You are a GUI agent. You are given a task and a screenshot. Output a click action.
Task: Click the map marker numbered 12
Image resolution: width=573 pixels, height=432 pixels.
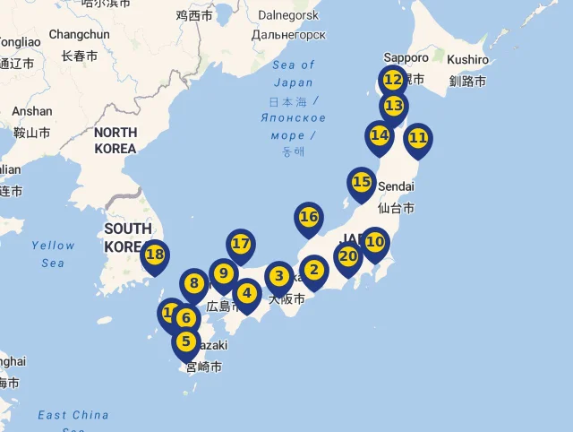pyautogui.click(x=392, y=80)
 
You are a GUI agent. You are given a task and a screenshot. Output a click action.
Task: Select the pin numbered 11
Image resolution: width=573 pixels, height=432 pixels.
pyautogui.click(x=417, y=138)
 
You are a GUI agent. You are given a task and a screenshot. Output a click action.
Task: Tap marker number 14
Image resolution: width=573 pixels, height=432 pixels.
pyautogui.click(x=380, y=135)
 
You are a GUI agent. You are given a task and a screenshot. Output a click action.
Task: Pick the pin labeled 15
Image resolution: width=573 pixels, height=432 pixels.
pyautogui.click(x=361, y=182)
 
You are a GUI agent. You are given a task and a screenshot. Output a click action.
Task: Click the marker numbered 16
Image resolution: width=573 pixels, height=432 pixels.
pyautogui.click(x=308, y=217)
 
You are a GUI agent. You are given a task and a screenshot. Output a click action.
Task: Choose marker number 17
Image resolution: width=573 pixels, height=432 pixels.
pyautogui.click(x=240, y=244)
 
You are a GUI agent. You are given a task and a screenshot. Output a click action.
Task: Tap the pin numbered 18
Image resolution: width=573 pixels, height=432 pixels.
pyautogui.click(x=155, y=255)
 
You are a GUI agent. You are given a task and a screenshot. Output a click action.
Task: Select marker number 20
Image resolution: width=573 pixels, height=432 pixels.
pyautogui.click(x=348, y=256)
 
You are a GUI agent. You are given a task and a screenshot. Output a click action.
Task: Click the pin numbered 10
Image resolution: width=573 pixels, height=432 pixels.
pyautogui.click(x=374, y=242)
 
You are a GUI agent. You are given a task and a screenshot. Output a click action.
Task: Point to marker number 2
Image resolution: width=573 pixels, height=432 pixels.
pyautogui.click(x=312, y=269)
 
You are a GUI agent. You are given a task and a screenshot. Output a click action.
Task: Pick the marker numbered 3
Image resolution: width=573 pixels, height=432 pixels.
pyautogui.click(x=279, y=276)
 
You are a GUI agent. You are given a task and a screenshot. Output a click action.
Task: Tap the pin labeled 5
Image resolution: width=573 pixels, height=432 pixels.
pyautogui.click(x=186, y=341)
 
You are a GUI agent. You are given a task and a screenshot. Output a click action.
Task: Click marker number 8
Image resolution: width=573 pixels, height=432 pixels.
pyautogui.click(x=193, y=284)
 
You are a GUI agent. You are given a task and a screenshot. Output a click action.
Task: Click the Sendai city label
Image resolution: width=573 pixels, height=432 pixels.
pyautogui.click(x=398, y=186)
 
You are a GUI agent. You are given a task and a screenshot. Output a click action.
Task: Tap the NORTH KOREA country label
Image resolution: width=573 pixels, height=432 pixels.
pyautogui.click(x=115, y=140)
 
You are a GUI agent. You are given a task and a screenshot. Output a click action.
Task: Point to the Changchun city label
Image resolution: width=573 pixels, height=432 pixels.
pyautogui.click(x=79, y=34)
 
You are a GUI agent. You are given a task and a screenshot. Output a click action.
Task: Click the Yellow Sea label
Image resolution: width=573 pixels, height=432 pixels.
pyautogui.click(x=53, y=254)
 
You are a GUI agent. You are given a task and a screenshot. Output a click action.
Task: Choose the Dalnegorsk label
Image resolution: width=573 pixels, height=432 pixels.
pyautogui.click(x=288, y=15)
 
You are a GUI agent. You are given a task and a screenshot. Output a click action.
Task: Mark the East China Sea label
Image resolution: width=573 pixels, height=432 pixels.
pyautogui.click(x=73, y=416)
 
